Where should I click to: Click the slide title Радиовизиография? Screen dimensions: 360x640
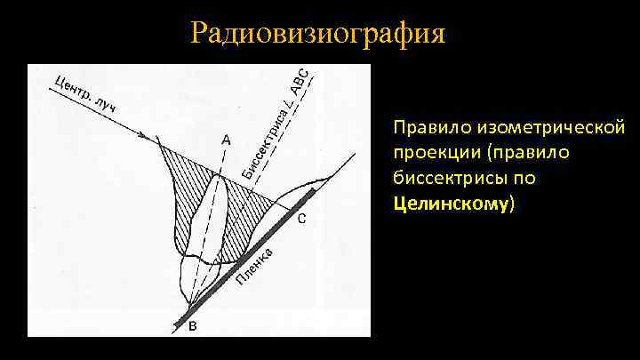[x=317, y=34]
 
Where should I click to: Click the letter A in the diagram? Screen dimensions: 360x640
[x=226, y=140]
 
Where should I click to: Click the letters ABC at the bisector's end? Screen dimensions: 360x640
[x=300, y=82]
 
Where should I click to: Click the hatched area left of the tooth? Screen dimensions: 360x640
[x=183, y=187]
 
